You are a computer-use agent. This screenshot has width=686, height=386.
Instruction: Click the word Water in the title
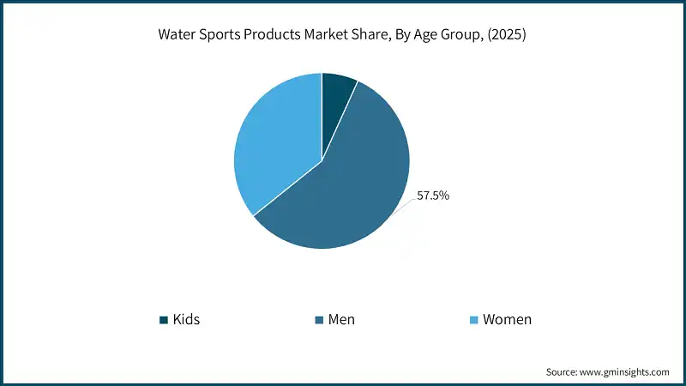[x=177, y=37]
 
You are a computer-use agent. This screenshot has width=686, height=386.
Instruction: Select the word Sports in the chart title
[x=220, y=37]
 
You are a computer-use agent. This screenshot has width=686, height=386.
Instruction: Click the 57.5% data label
[x=433, y=196]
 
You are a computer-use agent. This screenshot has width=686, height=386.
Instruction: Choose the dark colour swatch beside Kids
[x=164, y=320]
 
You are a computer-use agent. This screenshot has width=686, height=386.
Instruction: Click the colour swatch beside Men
[x=319, y=320]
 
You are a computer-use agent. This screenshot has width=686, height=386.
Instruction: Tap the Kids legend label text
[x=186, y=320]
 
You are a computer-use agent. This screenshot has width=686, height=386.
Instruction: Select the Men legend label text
[x=341, y=320]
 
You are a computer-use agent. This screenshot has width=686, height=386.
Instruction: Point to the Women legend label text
[x=507, y=320]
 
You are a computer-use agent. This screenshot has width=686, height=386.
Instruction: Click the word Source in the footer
[x=563, y=371]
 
